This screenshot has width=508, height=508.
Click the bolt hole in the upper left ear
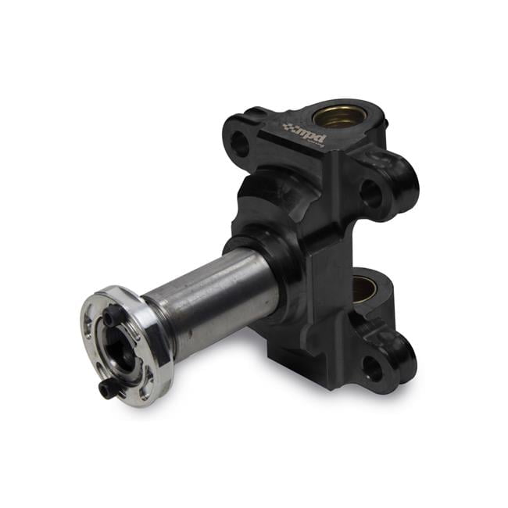point(241,144)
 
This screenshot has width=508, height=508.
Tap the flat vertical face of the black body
point(328,258)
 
